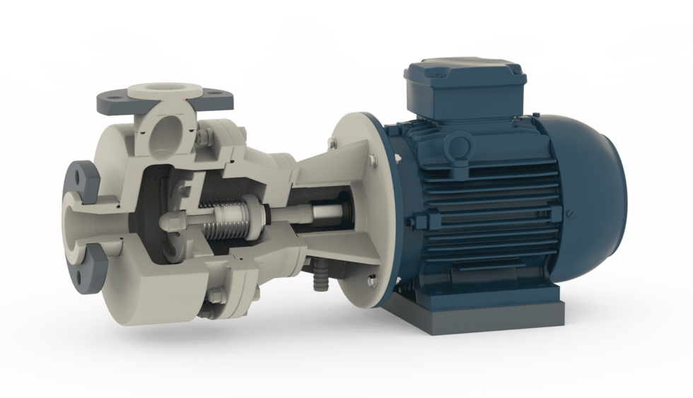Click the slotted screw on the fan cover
(572, 216)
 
